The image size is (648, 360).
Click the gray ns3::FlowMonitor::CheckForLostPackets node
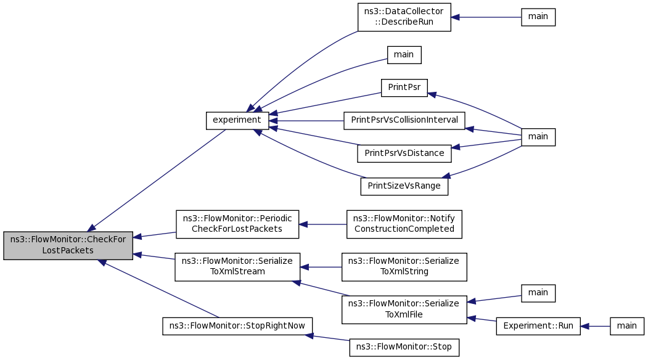point(68,245)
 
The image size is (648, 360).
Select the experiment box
point(237,120)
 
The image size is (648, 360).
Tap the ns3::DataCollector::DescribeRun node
point(404,17)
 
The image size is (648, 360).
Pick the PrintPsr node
point(404,88)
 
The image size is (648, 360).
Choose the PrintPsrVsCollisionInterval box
point(404,120)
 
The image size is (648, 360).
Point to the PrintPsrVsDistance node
point(404,153)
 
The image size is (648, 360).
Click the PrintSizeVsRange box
point(404,186)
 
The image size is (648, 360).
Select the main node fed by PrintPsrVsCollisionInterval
point(538,136)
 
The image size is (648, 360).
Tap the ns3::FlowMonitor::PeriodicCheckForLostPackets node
point(237,224)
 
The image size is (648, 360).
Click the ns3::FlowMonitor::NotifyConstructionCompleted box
point(404,224)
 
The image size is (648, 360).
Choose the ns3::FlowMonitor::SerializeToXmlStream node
point(237,266)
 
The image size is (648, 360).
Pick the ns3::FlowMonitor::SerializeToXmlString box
point(404,266)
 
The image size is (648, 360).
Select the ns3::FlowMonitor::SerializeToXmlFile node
point(404,309)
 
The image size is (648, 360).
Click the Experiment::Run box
point(538,326)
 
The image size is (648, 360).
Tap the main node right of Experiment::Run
point(627,326)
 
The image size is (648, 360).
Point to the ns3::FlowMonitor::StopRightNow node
point(237,325)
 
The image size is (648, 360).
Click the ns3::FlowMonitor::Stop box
point(404,347)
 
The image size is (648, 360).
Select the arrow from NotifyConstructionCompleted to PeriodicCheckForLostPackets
point(323,224)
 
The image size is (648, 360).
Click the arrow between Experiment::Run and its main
point(595,326)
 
